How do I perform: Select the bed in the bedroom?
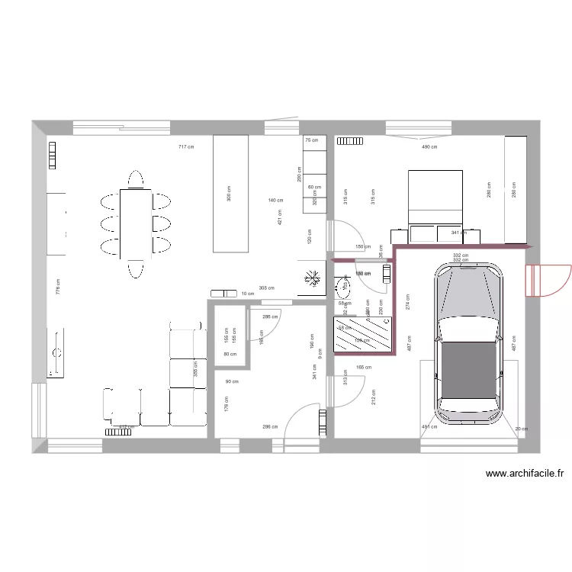pos(435,198)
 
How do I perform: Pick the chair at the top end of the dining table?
pos(136,178)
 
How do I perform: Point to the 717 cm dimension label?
pos(185,146)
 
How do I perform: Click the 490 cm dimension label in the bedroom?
pos(429,146)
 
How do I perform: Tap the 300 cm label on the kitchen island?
pos(229,194)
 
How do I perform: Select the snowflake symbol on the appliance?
pos(312,278)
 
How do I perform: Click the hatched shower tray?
pos(365,335)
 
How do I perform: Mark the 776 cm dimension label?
pos(57,286)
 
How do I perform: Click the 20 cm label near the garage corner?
pos(520,429)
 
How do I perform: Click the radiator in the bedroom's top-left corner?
pos(351,140)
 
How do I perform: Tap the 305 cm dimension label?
pos(266,288)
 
